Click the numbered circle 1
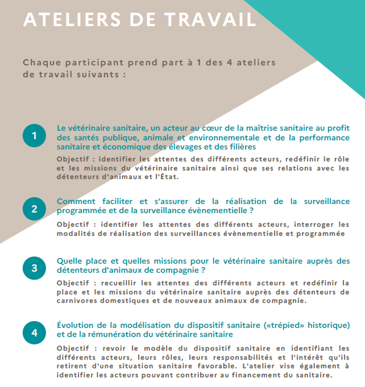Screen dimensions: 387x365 coord(34,136)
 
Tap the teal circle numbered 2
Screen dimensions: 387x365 coord(34,209)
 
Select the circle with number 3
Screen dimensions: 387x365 coord(34,268)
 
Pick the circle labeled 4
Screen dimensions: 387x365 coord(34,332)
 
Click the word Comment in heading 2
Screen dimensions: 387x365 coord(76,202)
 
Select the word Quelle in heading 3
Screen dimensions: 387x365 coord(69,261)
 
